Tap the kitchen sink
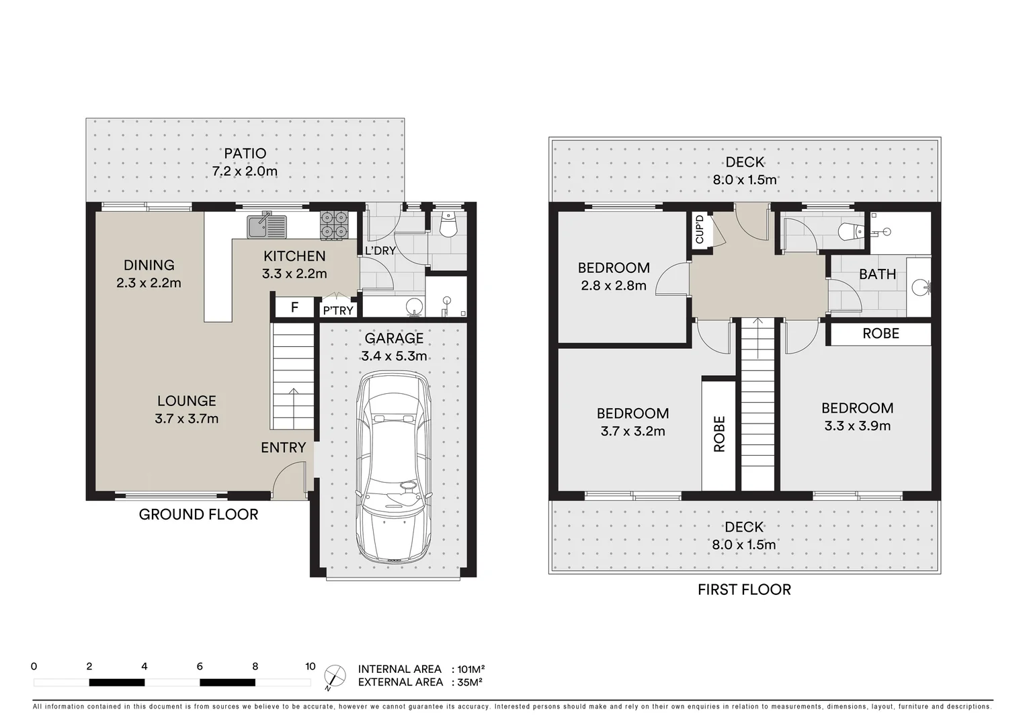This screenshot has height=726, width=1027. [x=266, y=226]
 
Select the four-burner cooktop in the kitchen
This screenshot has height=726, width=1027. [x=334, y=225]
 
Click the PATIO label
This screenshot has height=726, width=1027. [x=245, y=153]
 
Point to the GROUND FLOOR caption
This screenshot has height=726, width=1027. [x=198, y=514]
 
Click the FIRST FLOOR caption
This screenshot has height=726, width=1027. [x=744, y=590]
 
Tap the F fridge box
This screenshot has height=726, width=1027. [x=294, y=308]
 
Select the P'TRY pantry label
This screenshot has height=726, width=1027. [x=338, y=310]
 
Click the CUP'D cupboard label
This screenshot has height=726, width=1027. [x=700, y=230]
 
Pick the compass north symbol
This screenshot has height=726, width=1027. [x=334, y=675]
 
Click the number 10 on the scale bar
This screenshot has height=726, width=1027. [x=310, y=667]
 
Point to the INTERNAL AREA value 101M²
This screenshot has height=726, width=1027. [x=470, y=669]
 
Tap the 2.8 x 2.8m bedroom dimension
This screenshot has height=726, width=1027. [x=614, y=286]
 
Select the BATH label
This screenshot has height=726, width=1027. [x=877, y=274]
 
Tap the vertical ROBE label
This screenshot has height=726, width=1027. [x=719, y=434]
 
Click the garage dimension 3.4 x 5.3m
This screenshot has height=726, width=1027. [x=394, y=356]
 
